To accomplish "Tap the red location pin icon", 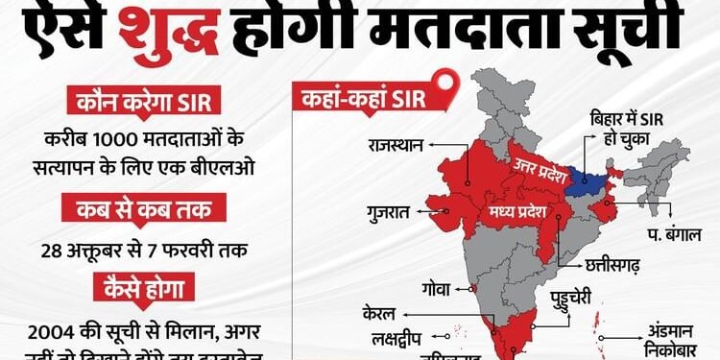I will click(x=444, y=86).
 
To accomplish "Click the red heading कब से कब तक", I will click(x=143, y=207).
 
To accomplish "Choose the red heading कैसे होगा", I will click(x=143, y=286).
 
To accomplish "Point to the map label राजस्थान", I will click(x=396, y=147).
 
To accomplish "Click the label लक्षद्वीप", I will click(x=396, y=339).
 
